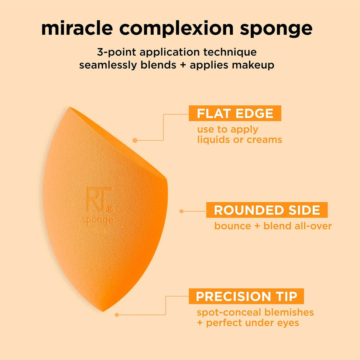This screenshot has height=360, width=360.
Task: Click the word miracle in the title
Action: pyautogui.click(x=77, y=28)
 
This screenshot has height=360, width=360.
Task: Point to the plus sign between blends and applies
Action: pyautogui.click(x=183, y=65)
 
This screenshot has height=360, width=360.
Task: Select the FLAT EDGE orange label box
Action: pyautogui.click(x=235, y=113)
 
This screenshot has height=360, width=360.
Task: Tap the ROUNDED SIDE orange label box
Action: pyautogui.click(x=267, y=210)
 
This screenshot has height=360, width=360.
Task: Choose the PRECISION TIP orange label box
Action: pyautogui.click(x=246, y=296)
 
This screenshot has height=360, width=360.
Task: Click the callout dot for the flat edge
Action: pyautogui.click(x=135, y=140)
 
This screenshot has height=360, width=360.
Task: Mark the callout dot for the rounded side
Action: pyautogui.click(x=181, y=211)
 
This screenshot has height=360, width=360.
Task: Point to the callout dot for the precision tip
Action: pyautogui.click(x=117, y=315)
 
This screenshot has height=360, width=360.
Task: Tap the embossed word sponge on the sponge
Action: pyautogui.click(x=98, y=220)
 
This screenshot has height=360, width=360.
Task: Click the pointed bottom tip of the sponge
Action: pyautogui.click(x=103, y=311)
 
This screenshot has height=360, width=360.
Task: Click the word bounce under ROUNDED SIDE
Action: pyautogui.click(x=233, y=226)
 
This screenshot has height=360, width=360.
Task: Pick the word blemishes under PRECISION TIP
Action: pyautogui.click(x=289, y=312)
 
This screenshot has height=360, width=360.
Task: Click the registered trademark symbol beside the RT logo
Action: pyautogui.click(x=110, y=209)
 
